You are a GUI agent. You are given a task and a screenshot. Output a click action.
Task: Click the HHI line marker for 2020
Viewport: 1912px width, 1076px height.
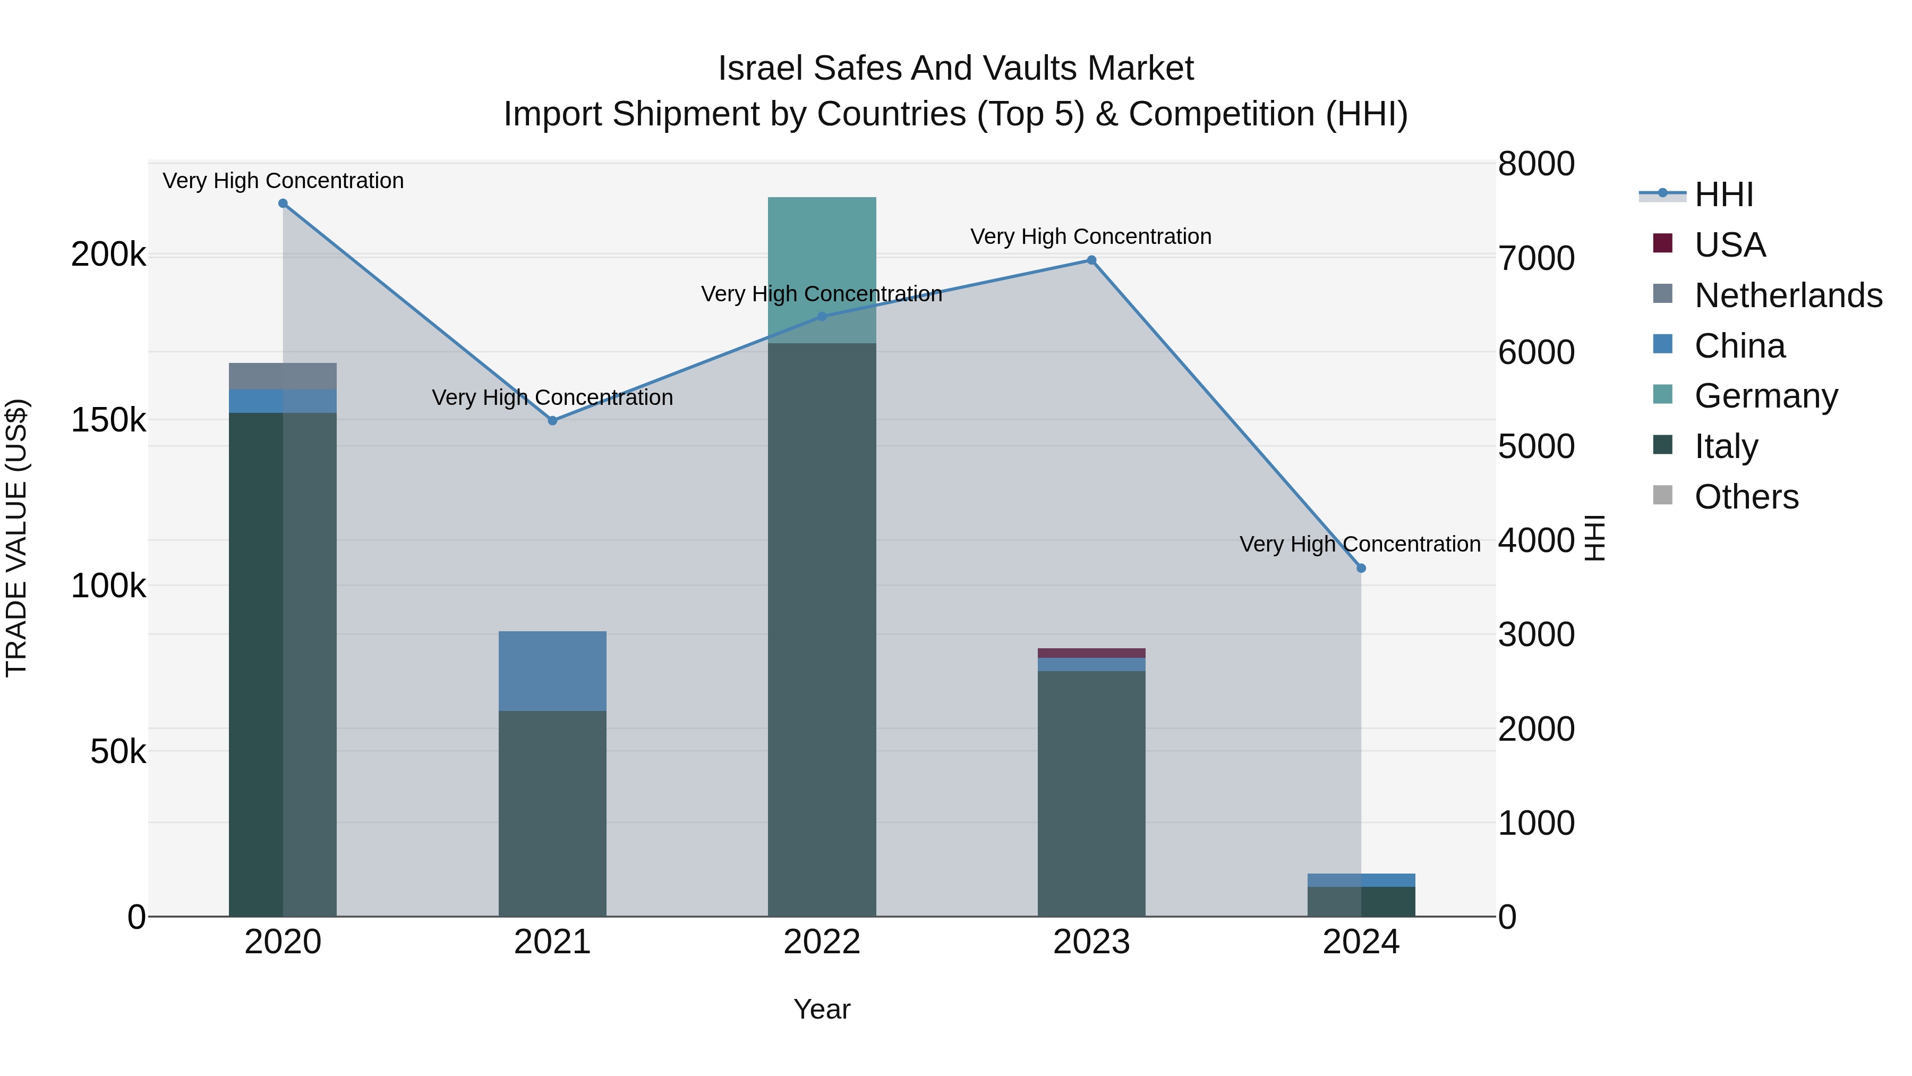pos(283,204)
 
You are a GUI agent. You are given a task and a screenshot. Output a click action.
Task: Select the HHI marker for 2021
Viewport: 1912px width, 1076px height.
pos(552,420)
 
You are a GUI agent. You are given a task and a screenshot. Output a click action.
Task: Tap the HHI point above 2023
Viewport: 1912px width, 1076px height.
pos(1091,260)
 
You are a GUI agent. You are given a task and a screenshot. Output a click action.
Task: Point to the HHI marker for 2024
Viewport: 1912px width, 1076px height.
pos(1361,568)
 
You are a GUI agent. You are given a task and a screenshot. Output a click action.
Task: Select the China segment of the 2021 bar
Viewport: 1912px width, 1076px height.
pos(552,671)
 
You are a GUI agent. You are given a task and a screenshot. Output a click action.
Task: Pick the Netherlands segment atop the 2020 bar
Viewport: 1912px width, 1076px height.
pos(283,376)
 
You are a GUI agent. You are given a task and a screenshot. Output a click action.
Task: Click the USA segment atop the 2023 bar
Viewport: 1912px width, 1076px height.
pos(1091,653)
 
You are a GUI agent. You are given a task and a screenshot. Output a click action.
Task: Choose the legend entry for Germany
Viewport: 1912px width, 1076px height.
pos(1766,396)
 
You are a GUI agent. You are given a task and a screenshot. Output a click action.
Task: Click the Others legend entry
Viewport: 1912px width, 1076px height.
pos(1746,497)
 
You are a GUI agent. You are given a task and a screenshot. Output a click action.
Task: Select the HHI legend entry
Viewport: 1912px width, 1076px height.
pos(1723,194)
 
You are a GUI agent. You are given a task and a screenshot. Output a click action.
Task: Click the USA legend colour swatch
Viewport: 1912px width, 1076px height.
pos(1662,243)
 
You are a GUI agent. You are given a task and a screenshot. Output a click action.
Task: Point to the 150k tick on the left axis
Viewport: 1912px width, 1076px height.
pos(108,421)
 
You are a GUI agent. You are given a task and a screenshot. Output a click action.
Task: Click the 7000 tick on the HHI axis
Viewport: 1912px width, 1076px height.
pos(1535,258)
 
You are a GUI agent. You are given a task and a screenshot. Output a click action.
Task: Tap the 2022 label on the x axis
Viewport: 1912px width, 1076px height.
pos(822,942)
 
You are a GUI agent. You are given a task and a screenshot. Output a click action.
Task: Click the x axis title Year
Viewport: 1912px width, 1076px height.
pos(822,1009)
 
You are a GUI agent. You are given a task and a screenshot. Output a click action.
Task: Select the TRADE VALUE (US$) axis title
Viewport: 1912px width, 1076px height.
pos(16,538)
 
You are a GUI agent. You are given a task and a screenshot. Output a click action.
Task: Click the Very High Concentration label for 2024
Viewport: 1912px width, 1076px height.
pos(1360,544)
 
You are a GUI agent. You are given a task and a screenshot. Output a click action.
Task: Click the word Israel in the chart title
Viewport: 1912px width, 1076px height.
pos(760,69)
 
